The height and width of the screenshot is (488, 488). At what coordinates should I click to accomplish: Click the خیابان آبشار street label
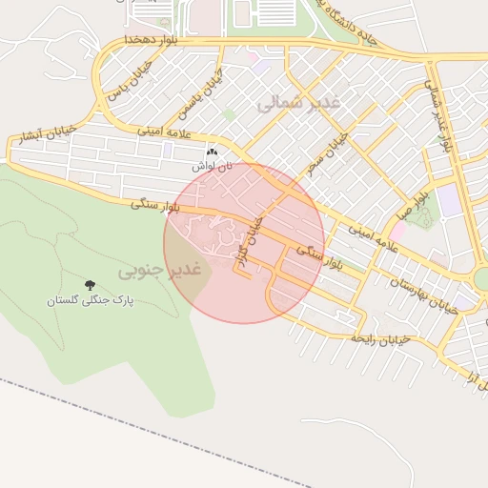tap(41, 136)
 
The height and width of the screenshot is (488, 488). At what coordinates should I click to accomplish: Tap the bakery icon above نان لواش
tap(212, 152)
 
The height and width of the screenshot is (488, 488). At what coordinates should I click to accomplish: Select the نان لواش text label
tap(212, 166)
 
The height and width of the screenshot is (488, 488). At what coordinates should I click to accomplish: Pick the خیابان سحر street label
tap(327, 152)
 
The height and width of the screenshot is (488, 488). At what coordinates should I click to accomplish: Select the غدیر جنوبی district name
tap(161, 271)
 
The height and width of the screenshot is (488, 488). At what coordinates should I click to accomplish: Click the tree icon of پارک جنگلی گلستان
tap(91, 285)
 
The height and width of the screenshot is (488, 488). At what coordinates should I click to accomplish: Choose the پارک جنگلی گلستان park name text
tap(91, 300)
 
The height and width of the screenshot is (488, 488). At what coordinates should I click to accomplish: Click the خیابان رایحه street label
tap(380, 338)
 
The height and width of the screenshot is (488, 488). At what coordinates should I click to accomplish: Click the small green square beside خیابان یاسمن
tap(229, 114)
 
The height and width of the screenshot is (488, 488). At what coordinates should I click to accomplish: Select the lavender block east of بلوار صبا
tap(447, 200)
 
